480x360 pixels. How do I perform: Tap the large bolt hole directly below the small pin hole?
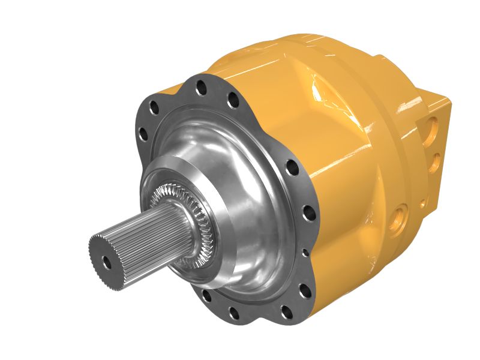click(x=304, y=292)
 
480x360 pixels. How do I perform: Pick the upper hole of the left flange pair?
click(x=154, y=109)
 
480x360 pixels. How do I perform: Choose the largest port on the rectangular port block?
click(x=433, y=126)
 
